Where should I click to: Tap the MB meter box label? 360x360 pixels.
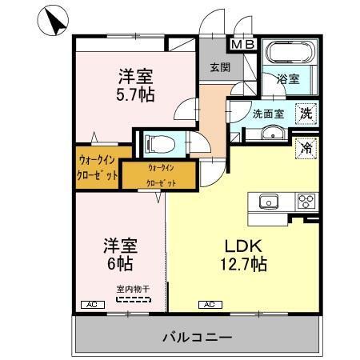[x=243, y=45]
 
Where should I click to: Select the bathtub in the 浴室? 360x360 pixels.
[x=290, y=55]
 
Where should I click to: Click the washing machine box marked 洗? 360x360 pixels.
[x=306, y=114]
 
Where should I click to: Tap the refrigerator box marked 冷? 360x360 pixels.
[x=306, y=146]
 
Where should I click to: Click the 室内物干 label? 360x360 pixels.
[x=132, y=290]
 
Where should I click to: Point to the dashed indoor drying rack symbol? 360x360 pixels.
[x=132, y=300]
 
